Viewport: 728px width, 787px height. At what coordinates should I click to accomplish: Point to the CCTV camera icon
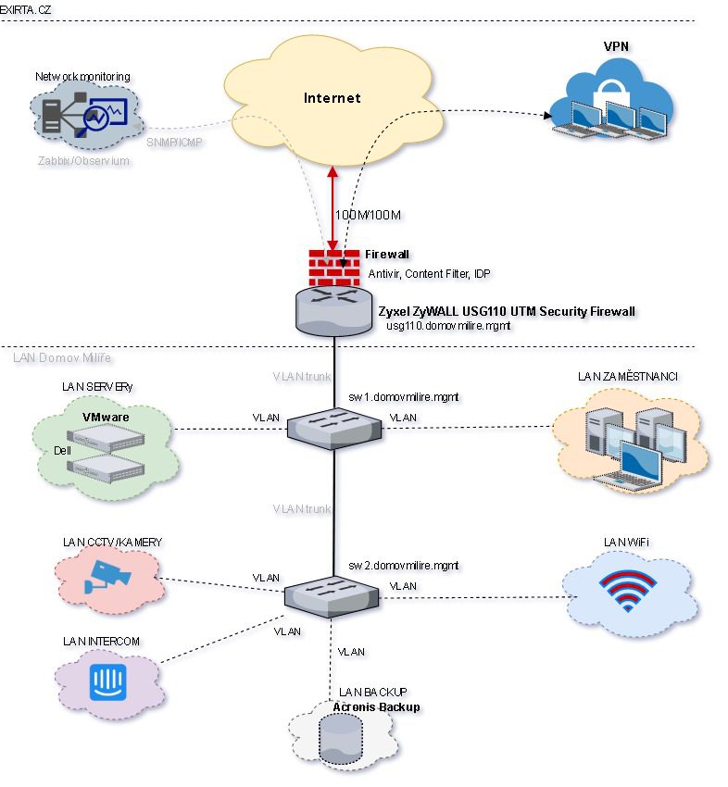(107, 574)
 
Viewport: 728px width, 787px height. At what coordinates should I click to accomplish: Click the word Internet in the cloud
(333, 98)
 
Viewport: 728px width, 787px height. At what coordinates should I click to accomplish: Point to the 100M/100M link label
(368, 216)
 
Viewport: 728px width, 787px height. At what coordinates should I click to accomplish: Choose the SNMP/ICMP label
(173, 143)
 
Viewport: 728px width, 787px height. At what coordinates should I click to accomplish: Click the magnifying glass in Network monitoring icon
(94, 119)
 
